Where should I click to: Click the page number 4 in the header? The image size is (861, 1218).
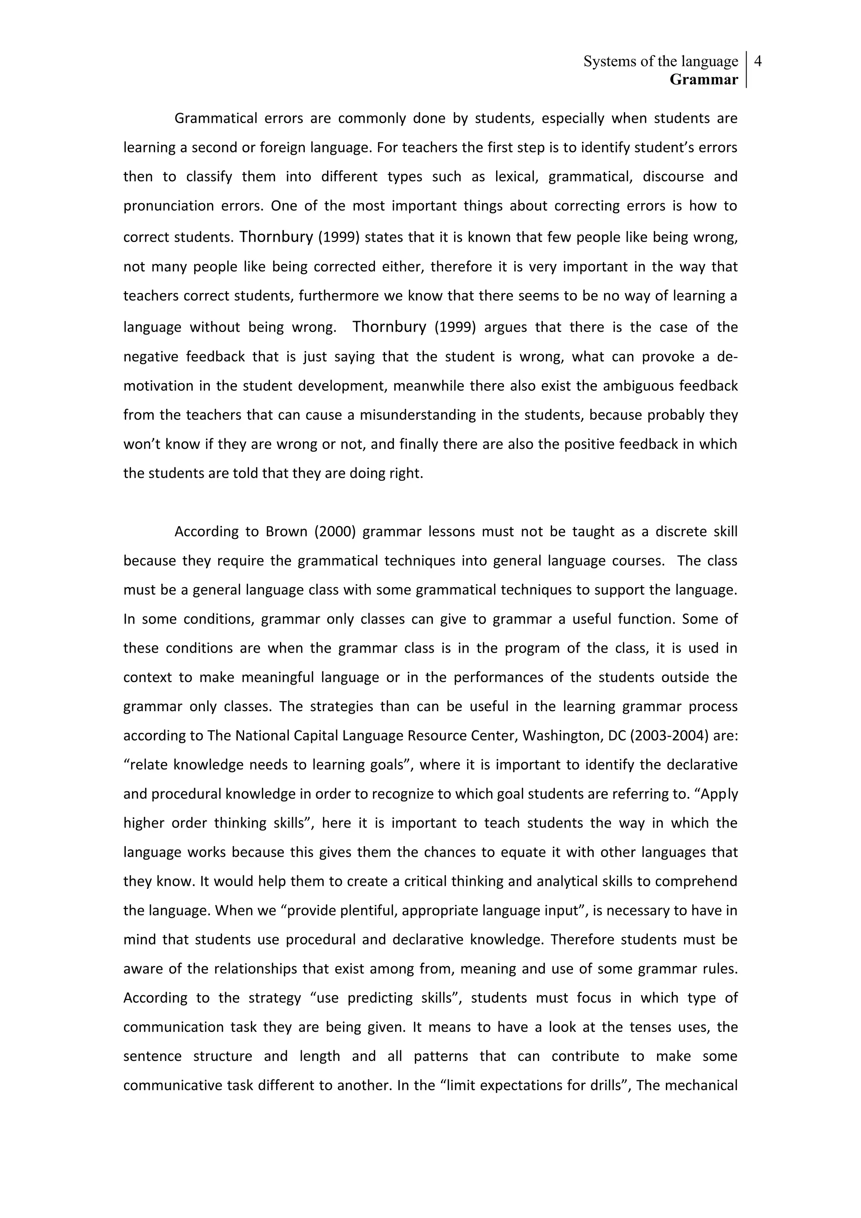758,61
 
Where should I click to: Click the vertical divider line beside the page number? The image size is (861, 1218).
746,69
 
